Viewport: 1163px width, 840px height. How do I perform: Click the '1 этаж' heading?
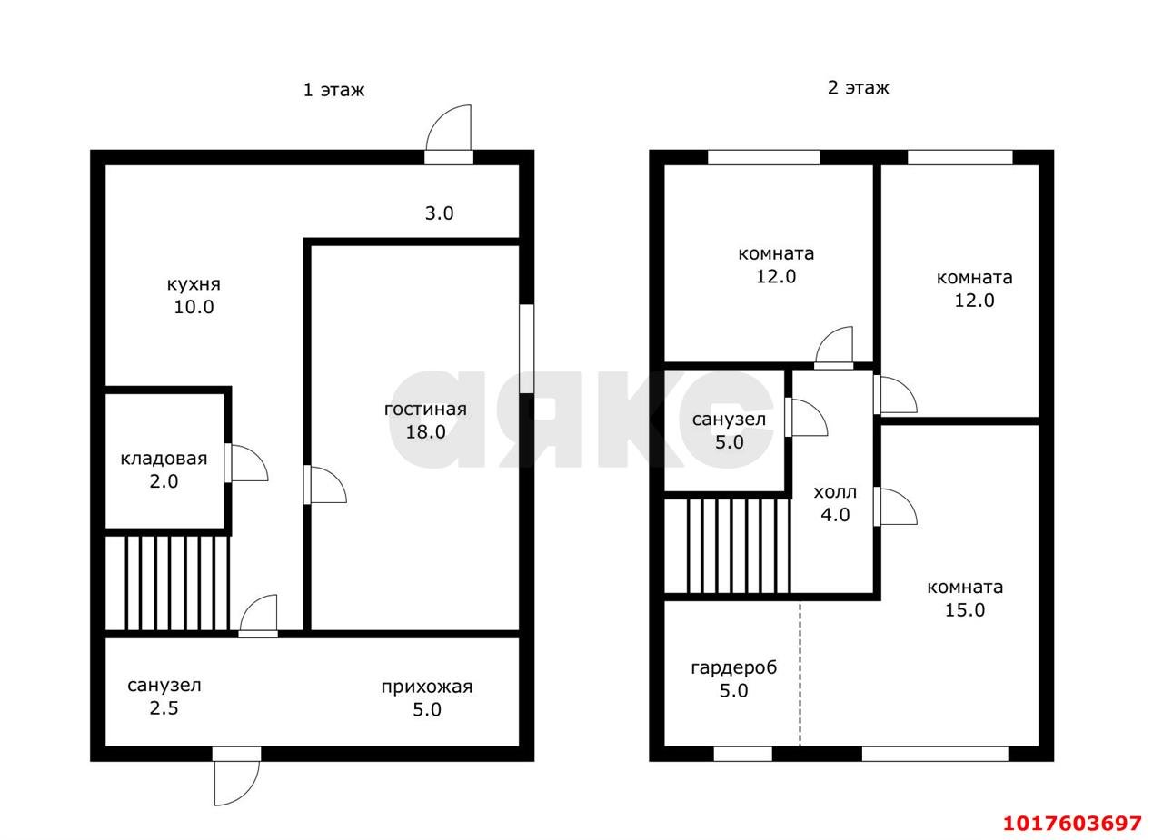pyautogui.click(x=333, y=90)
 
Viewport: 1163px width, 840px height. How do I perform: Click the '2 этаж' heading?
pyautogui.click(x=859, y=88)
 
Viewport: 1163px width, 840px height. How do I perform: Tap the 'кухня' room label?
pyautogui.click(x=194, y=285)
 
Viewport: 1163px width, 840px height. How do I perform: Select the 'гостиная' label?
pyautogui.click(x=425, y=410)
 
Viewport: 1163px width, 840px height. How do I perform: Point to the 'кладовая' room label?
pyautogui.click(x=164, y=459)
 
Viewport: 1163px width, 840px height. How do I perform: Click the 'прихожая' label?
pyautogui.click(x=427, y=687)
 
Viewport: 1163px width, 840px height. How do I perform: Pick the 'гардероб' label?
pyautogui.click(x=733, y=668)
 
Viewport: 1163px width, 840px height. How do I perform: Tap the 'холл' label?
pyautogui.click(x=835, y=492)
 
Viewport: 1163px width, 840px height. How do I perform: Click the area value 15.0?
pyautogui.click(x=965, y=610)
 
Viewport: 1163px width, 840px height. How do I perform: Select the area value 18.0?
pyautogui.click(x=425, y=432)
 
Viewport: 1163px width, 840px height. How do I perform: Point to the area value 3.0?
pyautogui.click(x=439, y=213)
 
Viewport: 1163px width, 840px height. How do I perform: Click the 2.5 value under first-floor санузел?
pyautogui.click(x=164, y=708)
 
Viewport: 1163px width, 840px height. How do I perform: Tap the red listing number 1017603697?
pyautogui.click(x=1072, y=824)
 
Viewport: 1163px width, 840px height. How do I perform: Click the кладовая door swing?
pyautogui.click(x=246, y=463)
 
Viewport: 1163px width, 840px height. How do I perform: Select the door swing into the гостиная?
pyautogui.click(x=325, y=484)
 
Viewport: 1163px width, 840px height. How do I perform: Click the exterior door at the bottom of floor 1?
pyautogui.click(x=237, y=776)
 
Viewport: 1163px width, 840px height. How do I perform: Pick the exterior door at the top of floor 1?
pyautogui.click(x=449, y=134)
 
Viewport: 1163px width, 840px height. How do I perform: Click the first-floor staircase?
pyautogui.click(x=167, y=583)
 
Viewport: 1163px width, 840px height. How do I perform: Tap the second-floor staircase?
pyautogui.click(x=728, y=545)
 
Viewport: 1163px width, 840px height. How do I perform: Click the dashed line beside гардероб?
pyautogui.click(x=800, y=674)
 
